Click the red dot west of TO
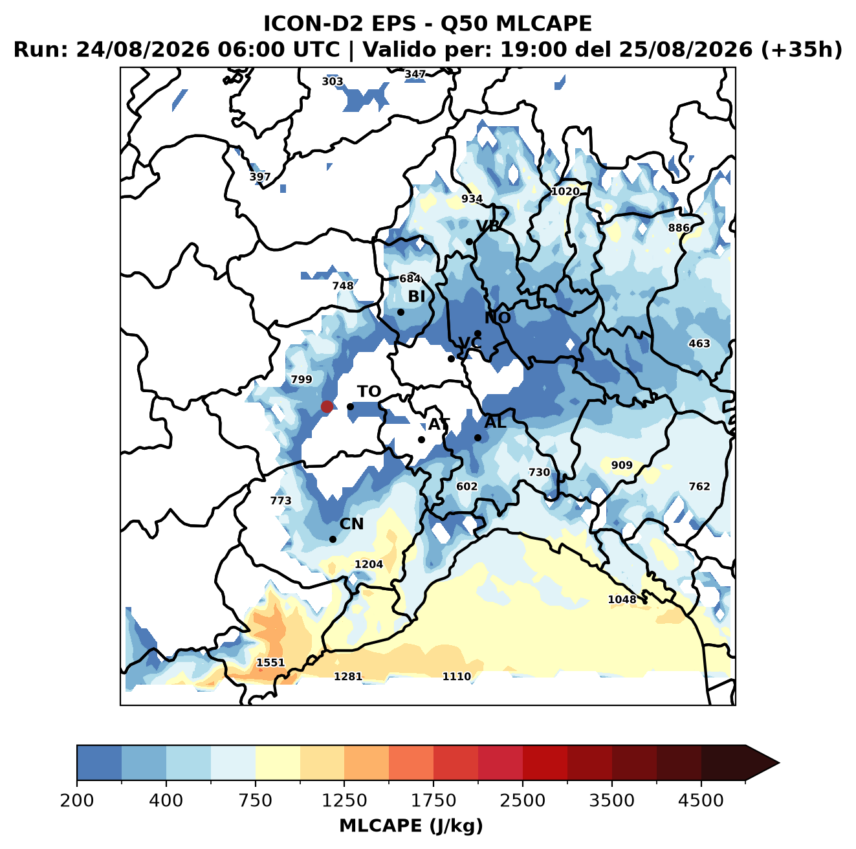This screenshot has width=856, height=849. coord(327,406)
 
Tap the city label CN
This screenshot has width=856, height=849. coord(351,524)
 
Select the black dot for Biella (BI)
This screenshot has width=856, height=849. coord(401,313)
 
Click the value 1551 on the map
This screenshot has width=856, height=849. coord(270,663)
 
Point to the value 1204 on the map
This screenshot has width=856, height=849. coord(368,564)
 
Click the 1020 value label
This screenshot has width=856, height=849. coord(565,192)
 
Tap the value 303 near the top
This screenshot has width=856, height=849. coord(333,82)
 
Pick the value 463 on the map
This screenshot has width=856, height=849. coord(699,344)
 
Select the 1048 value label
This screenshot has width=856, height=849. coord(622,599)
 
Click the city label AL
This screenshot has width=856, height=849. coord(495,422)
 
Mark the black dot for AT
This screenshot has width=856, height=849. coord(421,440)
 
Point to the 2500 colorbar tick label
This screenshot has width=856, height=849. coord(522,800)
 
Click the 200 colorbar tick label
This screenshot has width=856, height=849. coord(77,800)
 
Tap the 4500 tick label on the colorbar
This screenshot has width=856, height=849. coord(701,800)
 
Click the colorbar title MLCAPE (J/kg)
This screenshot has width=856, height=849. coord(411,826)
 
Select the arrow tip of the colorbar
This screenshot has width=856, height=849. coord(779,763)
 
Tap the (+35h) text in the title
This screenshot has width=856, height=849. coord(802,50)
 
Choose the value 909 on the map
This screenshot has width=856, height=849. coord(621,465)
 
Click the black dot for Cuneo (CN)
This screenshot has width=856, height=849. coord(333,539)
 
